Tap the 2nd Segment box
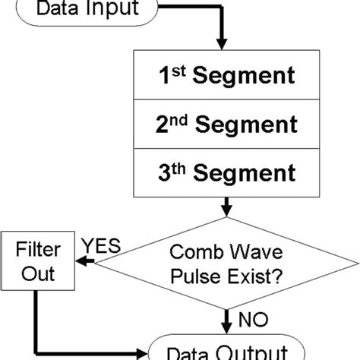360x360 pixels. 226,123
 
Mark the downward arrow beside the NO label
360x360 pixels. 227,319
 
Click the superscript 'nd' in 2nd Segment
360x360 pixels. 180,118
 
